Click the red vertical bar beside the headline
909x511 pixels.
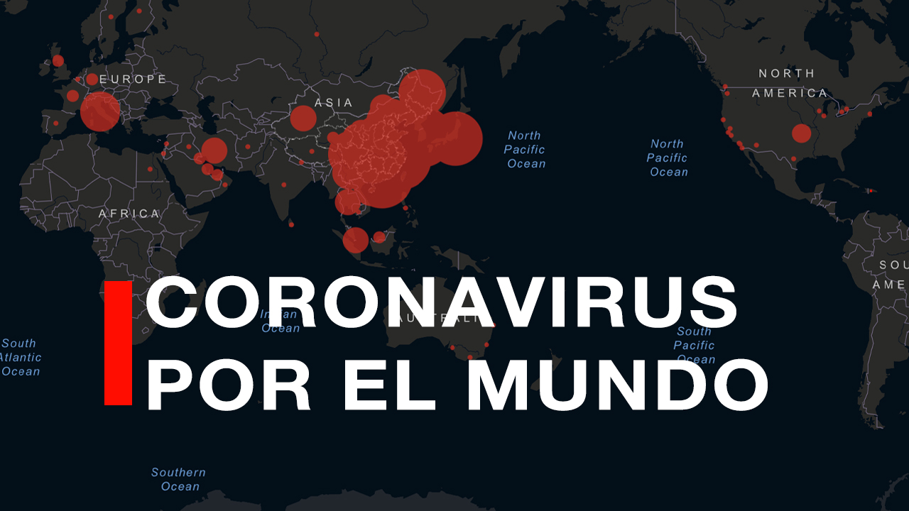coord(118,343)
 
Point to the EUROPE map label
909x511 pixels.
coord(134,79)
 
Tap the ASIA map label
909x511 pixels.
coord(333,102)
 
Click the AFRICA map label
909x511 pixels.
coord(129,213)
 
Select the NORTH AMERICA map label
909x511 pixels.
coord(789,83)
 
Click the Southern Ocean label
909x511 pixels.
coord(178,479)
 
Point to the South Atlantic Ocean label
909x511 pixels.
coord(19,357)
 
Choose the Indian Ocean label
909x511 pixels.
coord(280,322)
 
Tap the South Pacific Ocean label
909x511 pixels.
coord(694,345)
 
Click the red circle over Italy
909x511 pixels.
coord(100,111)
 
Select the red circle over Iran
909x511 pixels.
coord(213,150)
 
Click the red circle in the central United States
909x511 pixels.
coord(801,133)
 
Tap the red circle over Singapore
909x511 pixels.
coord(356,240)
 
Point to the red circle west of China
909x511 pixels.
coord(303,119)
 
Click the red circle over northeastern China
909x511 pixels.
coord(422,93)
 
